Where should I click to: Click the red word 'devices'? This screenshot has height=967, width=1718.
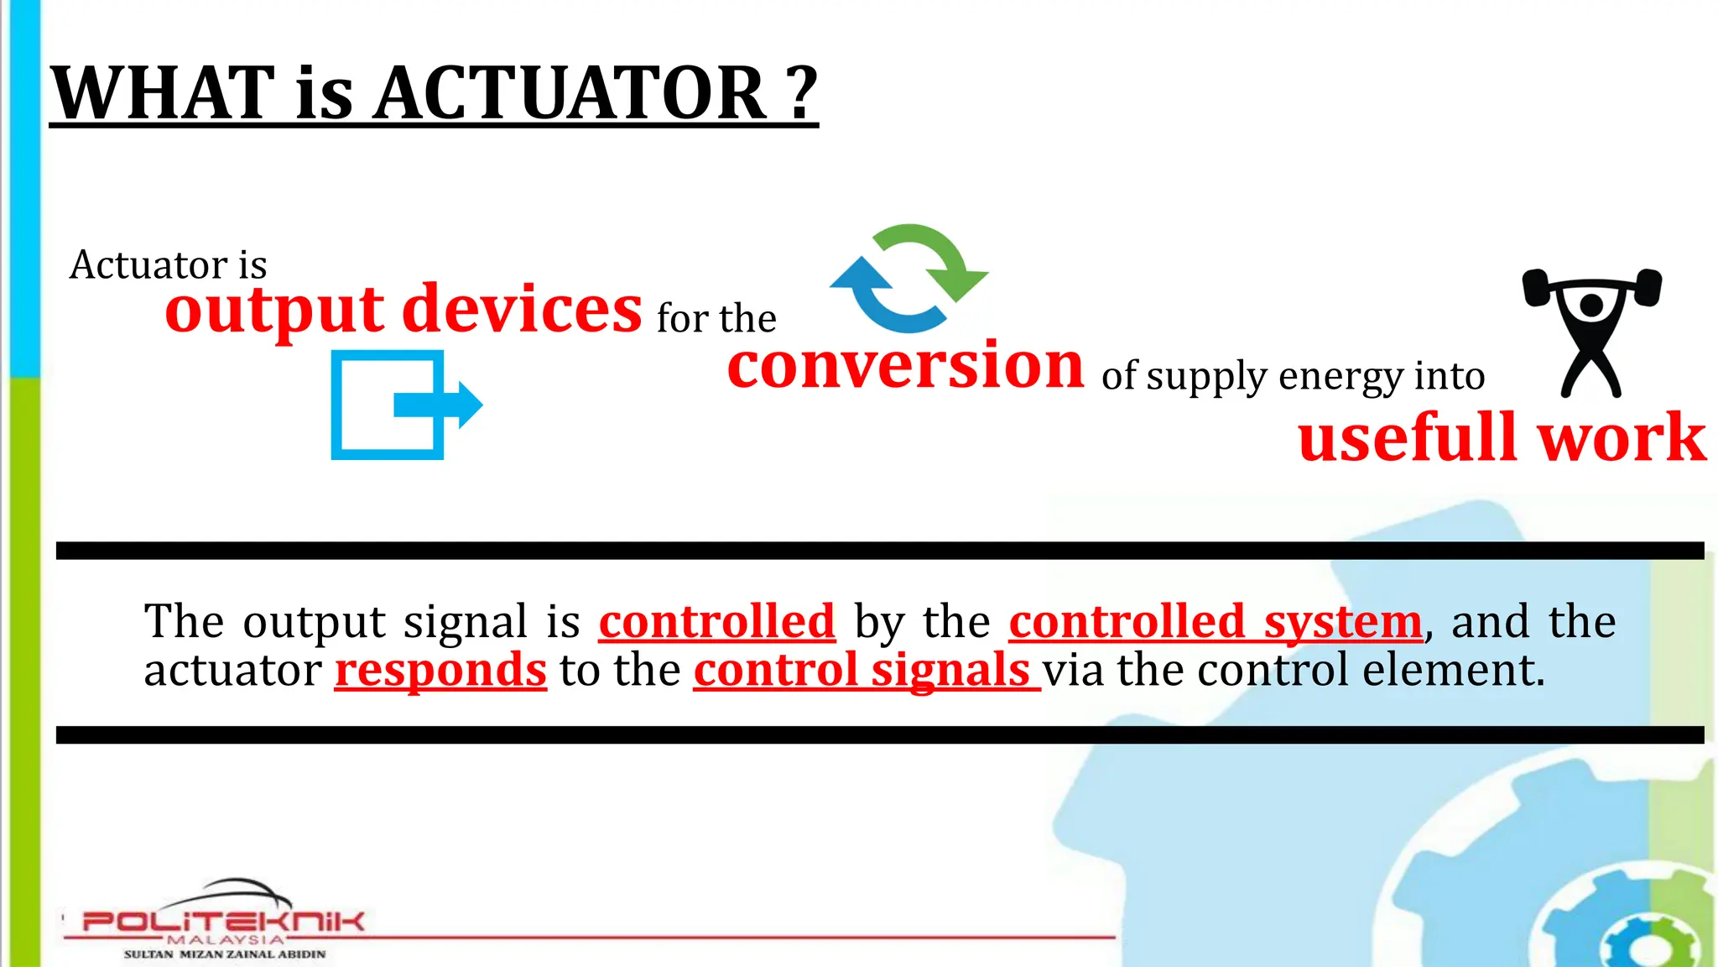point(522,309)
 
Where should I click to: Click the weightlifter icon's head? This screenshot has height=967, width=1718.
point(1591,305)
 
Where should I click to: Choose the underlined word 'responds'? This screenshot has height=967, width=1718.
point(440,670)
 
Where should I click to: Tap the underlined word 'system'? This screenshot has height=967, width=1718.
point(1342,622)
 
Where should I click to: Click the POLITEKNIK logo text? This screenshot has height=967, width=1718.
point(223,921)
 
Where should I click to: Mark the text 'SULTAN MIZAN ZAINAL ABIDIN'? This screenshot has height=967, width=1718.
point(225,954)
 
